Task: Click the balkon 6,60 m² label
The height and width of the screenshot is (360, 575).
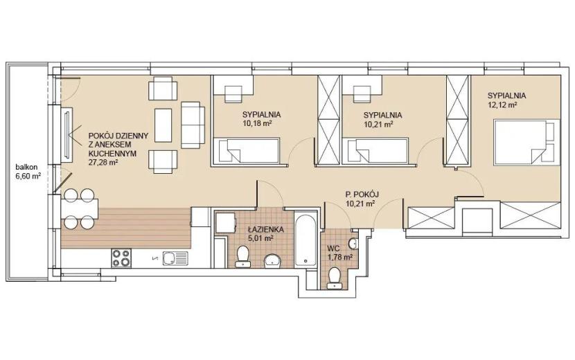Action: [x=28, y=172]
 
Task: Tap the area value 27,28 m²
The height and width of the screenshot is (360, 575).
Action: [x=103, y=163]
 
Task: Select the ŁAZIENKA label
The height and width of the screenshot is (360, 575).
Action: [x=265, y=230]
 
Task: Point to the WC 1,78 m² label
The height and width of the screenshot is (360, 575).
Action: [x=339, y=253]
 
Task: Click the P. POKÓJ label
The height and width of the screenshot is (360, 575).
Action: [x=362, y=195]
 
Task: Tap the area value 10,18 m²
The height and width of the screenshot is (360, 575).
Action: [x=257, y=123]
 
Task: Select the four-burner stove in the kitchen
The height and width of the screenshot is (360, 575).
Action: [x=121, y=258]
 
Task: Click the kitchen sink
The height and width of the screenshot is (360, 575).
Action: [x=175, y=258]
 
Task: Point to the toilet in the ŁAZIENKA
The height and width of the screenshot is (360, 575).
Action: [x=242, y=256]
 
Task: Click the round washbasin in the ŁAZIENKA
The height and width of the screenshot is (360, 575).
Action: [x=272, y=260]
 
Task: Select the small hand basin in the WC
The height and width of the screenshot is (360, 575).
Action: [x=353, y=243]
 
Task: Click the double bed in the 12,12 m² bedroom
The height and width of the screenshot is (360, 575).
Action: [x=527, y=142]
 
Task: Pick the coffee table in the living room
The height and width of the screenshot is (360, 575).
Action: [x=163, y=125]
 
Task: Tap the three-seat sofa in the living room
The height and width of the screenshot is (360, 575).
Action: [x=193, y=125]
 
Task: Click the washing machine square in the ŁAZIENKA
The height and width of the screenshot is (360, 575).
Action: [x=225, y=222]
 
